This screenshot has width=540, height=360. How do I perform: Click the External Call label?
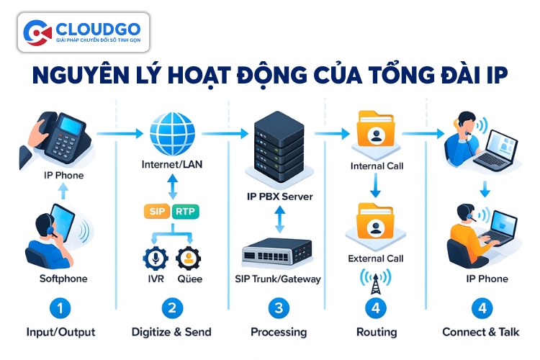click(376, 258)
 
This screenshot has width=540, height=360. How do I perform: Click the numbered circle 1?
click(60, 309)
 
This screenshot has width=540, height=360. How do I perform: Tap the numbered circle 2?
click(171, 309)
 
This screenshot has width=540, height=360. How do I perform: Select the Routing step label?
click(377, 333)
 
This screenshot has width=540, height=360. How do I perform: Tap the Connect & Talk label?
click(481, 333)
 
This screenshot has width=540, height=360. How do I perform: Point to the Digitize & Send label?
click(171, 333)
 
